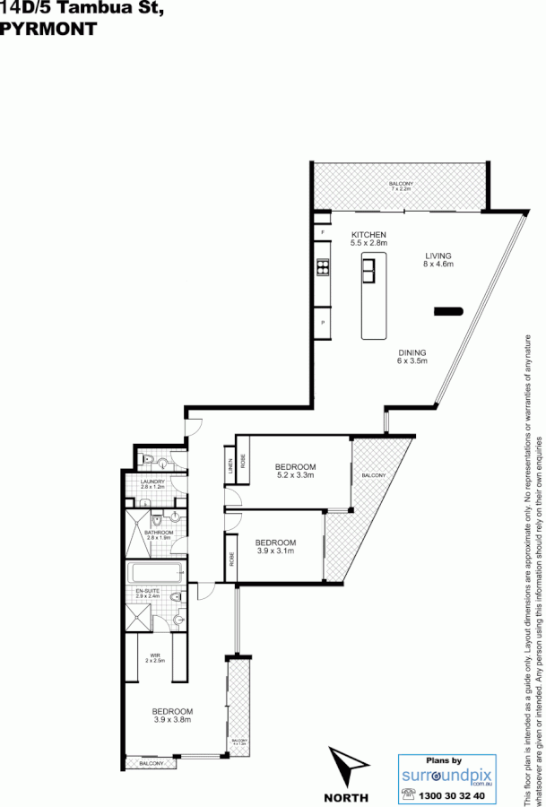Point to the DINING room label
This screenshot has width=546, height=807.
coord(412,357)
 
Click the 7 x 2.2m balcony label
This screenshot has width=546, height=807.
coord(400,187)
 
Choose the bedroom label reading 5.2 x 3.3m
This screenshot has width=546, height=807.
coord(295,472)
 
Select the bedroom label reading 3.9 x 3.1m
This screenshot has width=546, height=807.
coord(274,547)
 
